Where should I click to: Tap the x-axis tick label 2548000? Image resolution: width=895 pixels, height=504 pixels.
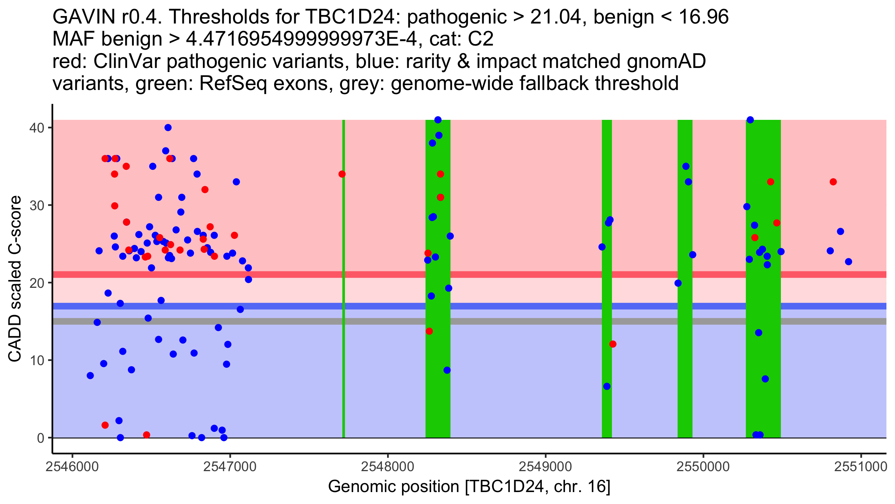[388, 467]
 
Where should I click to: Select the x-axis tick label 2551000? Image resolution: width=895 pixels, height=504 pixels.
[861, 467]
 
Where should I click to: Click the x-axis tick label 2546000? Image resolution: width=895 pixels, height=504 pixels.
[72, 467]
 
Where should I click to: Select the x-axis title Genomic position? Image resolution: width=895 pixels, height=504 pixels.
[394, 487]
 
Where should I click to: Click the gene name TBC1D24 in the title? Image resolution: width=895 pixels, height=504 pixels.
[349, 17]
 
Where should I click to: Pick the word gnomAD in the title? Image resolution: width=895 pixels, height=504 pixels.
[666, 62]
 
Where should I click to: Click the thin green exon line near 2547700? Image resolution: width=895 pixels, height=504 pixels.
[343, 299]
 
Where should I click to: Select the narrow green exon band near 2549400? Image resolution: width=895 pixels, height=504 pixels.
[607, 299]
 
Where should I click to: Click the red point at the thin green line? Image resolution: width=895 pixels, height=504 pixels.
[342, 174]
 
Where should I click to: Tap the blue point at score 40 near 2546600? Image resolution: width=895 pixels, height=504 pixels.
[168, 128]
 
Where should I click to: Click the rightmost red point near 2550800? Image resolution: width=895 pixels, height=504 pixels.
[833, 182]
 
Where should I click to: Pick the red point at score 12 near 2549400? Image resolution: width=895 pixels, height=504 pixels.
[613, 344]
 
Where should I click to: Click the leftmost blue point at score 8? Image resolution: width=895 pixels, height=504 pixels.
[90, 376]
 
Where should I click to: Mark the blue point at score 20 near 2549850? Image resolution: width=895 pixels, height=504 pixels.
[678, 283]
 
